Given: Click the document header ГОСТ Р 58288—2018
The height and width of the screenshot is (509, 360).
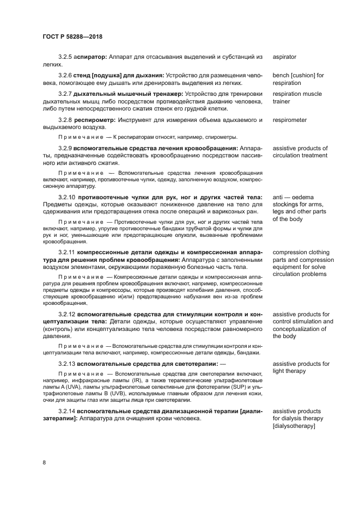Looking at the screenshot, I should click(72, 36).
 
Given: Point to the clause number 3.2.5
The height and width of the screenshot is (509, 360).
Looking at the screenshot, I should click(65, 57).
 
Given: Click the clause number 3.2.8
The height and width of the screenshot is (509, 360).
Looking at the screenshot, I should click(65, 120).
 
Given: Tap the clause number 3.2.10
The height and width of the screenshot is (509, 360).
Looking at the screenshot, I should click(67, 197).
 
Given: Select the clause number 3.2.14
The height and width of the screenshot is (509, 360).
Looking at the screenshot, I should click(67, 410).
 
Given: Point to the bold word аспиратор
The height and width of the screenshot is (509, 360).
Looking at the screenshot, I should click(91, 57).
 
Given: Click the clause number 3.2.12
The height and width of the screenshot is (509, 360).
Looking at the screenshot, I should click(67, 315).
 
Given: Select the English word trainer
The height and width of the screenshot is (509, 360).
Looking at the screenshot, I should click(283, 101).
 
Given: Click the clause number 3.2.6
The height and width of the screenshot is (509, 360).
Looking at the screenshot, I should click(65, 75).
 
